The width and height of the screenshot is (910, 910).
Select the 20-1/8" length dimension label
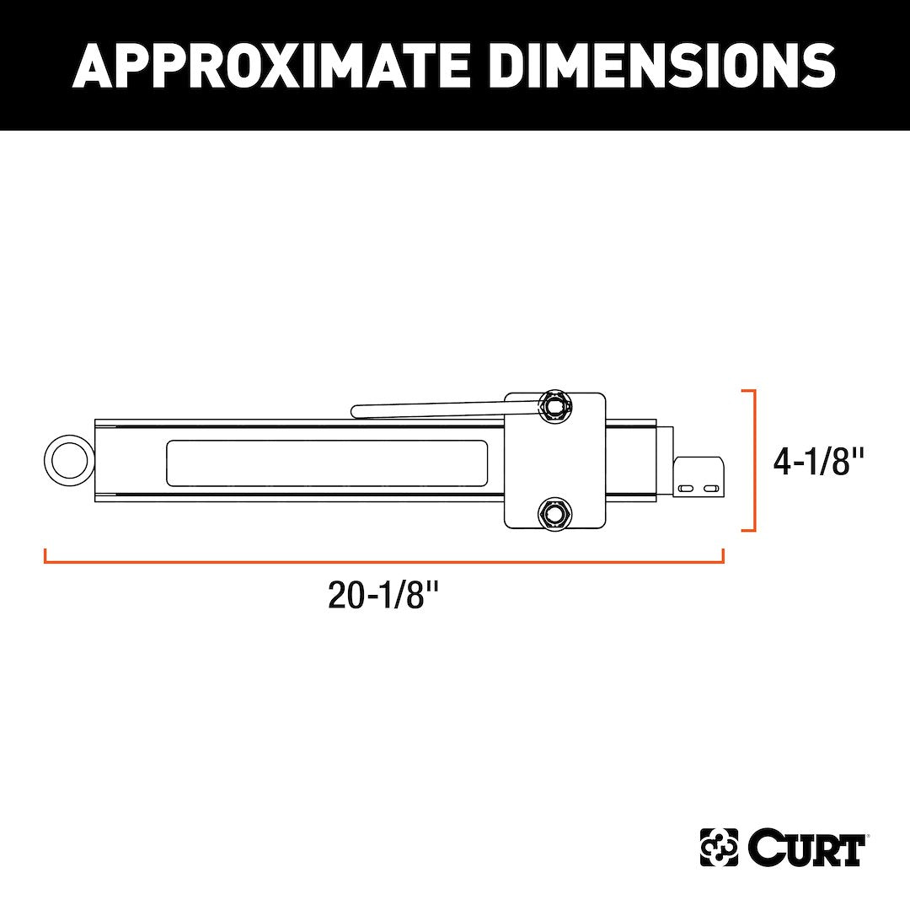pyautogui.click(x=384, y=596)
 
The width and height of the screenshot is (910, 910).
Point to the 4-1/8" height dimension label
pyautogui.click(x=820, y=461)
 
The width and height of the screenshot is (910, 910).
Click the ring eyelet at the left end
pyautogui.click(x=69, y=461)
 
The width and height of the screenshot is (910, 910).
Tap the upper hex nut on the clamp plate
pyautogui.click(x=554, y=405)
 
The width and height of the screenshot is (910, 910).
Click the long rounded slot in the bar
pyautogui.click(x=327, y=463)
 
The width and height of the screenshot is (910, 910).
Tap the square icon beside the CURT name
pyautogui.click(x=719, y=848)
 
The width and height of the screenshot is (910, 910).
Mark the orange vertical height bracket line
pyautogui.click(x=754, y=461)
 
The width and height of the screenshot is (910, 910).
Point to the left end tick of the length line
pyautogui.click(x=45, y=555)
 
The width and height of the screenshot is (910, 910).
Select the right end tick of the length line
pyautogui.click(x=723, y=555)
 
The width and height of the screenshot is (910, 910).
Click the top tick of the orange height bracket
pyautogui.click(x=747, y=391)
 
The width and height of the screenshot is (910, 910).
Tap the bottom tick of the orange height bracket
pyautogui.click(x=747, y=531)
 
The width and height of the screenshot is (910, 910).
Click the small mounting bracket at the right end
pyautogui.click(x=699, y=474)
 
